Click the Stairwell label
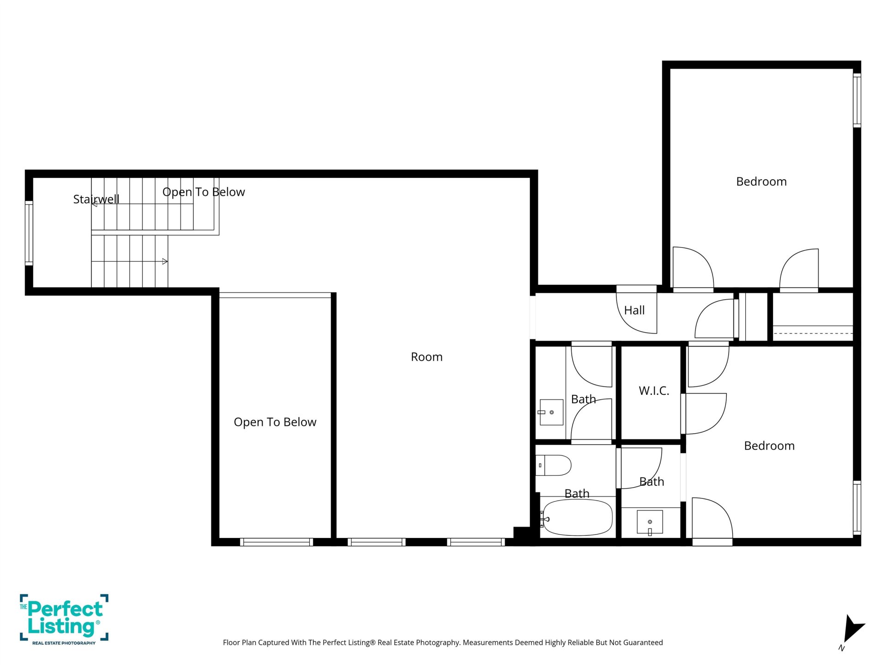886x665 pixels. pyautogui.click(x=96, y=199)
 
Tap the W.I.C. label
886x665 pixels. pyautogui.click(x=654, y=391)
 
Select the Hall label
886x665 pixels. pyautogui.click(x=635, y=310)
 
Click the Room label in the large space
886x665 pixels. pyautogui.click(x=427, y=357)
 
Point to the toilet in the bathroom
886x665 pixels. pyautogui.click(x=553, y=465)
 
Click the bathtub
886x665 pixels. pyautogui.click(x=577, y=518)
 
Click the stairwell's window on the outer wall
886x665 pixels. pyautogui.click(x=29, y=233)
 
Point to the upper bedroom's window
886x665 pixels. pyautogui.click(x=857, y=100)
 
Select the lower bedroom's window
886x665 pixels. pyautogui.click(x=857, y=508)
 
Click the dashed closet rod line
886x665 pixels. pyautogui.click(x=813, y=333)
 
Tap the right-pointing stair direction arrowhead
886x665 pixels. pyautogui.click(x=165, y=261)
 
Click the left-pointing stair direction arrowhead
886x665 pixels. pyautogui.click(x=94, y=204)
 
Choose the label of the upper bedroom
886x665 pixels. pyautogui.click(x=761, y=181)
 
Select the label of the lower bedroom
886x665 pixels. pyautogui.click(x=769, y=446)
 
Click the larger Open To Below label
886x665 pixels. pyautogui.click(x=275, y=422)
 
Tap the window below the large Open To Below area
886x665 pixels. pyautogui.click(x=276, y=542)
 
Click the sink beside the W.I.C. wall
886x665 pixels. pyautogui.click(x=650, y=522)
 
